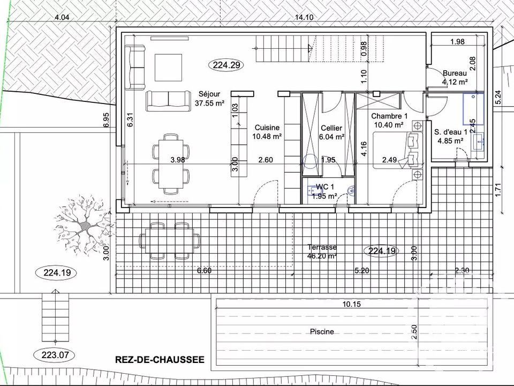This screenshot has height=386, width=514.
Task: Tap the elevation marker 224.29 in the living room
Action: tap(226, 65)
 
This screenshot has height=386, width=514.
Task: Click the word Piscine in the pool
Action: tap(322, 332)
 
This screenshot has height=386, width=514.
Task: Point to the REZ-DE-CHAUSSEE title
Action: tap(160, 360)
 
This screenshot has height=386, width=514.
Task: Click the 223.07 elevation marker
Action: tap(55, 355)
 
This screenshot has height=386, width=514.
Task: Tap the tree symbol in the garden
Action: tap(85, 225)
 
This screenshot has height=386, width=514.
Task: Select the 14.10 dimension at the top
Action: tap(304, 17)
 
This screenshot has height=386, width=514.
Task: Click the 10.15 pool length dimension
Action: tap(351, 305)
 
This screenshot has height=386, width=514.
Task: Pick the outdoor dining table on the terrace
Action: tap(170, 241)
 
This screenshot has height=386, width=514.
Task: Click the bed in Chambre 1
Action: tap(398, 150)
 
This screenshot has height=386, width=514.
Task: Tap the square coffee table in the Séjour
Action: tap(168, 68)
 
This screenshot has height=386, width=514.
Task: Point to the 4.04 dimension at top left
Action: tap(62, 17)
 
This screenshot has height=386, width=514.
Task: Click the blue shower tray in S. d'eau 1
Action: tap(473, 109)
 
